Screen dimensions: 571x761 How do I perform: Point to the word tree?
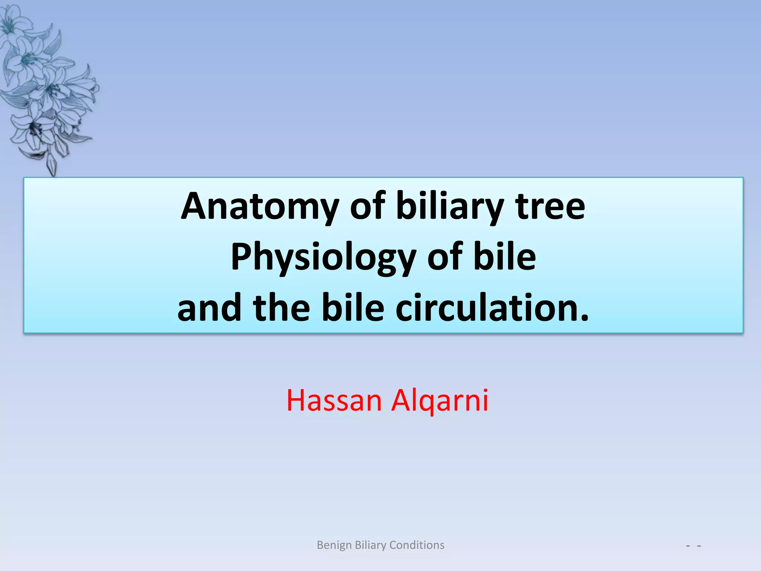coord(550,206)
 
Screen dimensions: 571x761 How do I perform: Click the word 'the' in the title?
coord(281,307)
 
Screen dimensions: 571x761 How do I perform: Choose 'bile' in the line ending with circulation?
coord(353,307)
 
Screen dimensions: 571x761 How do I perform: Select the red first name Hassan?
coord(334,400)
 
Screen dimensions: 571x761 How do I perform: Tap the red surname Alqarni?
coord(440,401)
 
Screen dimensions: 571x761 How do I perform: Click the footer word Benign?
coord(334,545)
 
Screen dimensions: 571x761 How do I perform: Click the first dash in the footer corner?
coord(688,546)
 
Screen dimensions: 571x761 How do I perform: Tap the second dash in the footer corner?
coord(699,546)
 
